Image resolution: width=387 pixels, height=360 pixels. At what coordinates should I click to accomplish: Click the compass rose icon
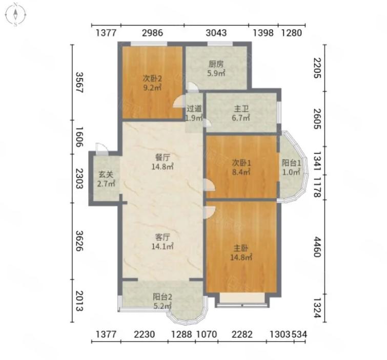[15, 14]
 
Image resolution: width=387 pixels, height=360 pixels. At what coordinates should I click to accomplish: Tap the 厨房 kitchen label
[216, 65]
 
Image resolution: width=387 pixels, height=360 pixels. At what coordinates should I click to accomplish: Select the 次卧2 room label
[152, 79]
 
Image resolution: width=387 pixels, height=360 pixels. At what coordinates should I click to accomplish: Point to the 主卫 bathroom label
[241, 109]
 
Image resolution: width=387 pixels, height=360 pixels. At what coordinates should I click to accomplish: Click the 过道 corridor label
[194, 109]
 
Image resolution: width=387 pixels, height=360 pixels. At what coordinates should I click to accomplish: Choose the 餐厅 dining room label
[162, 157]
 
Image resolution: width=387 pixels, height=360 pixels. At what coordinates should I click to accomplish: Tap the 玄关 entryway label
[106, 175]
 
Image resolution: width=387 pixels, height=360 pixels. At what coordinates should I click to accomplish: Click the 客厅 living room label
[162, 237]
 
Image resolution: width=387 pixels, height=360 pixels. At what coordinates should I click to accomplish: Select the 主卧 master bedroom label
[241, 248]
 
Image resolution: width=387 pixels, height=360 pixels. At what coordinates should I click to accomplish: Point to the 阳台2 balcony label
[162, 297]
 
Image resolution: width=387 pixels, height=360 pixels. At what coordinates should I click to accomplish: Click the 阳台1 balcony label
[292, 163]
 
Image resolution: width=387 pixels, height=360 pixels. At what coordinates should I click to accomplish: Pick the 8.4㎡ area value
[241, 172]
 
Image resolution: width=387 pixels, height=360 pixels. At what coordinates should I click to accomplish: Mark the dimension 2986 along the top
[153, 33]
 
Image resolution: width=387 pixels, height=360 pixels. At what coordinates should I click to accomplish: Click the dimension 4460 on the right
[317, 247]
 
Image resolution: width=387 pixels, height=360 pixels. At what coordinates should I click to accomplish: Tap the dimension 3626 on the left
[79, 241]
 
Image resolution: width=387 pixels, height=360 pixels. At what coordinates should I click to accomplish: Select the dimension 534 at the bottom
[300, 334]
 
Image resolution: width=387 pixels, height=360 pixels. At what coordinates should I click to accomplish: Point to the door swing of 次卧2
[179, 101]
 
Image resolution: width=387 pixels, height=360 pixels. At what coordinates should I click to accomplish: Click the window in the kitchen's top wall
[220, 44]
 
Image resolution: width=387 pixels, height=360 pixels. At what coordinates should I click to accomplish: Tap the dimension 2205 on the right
[317, 68]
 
